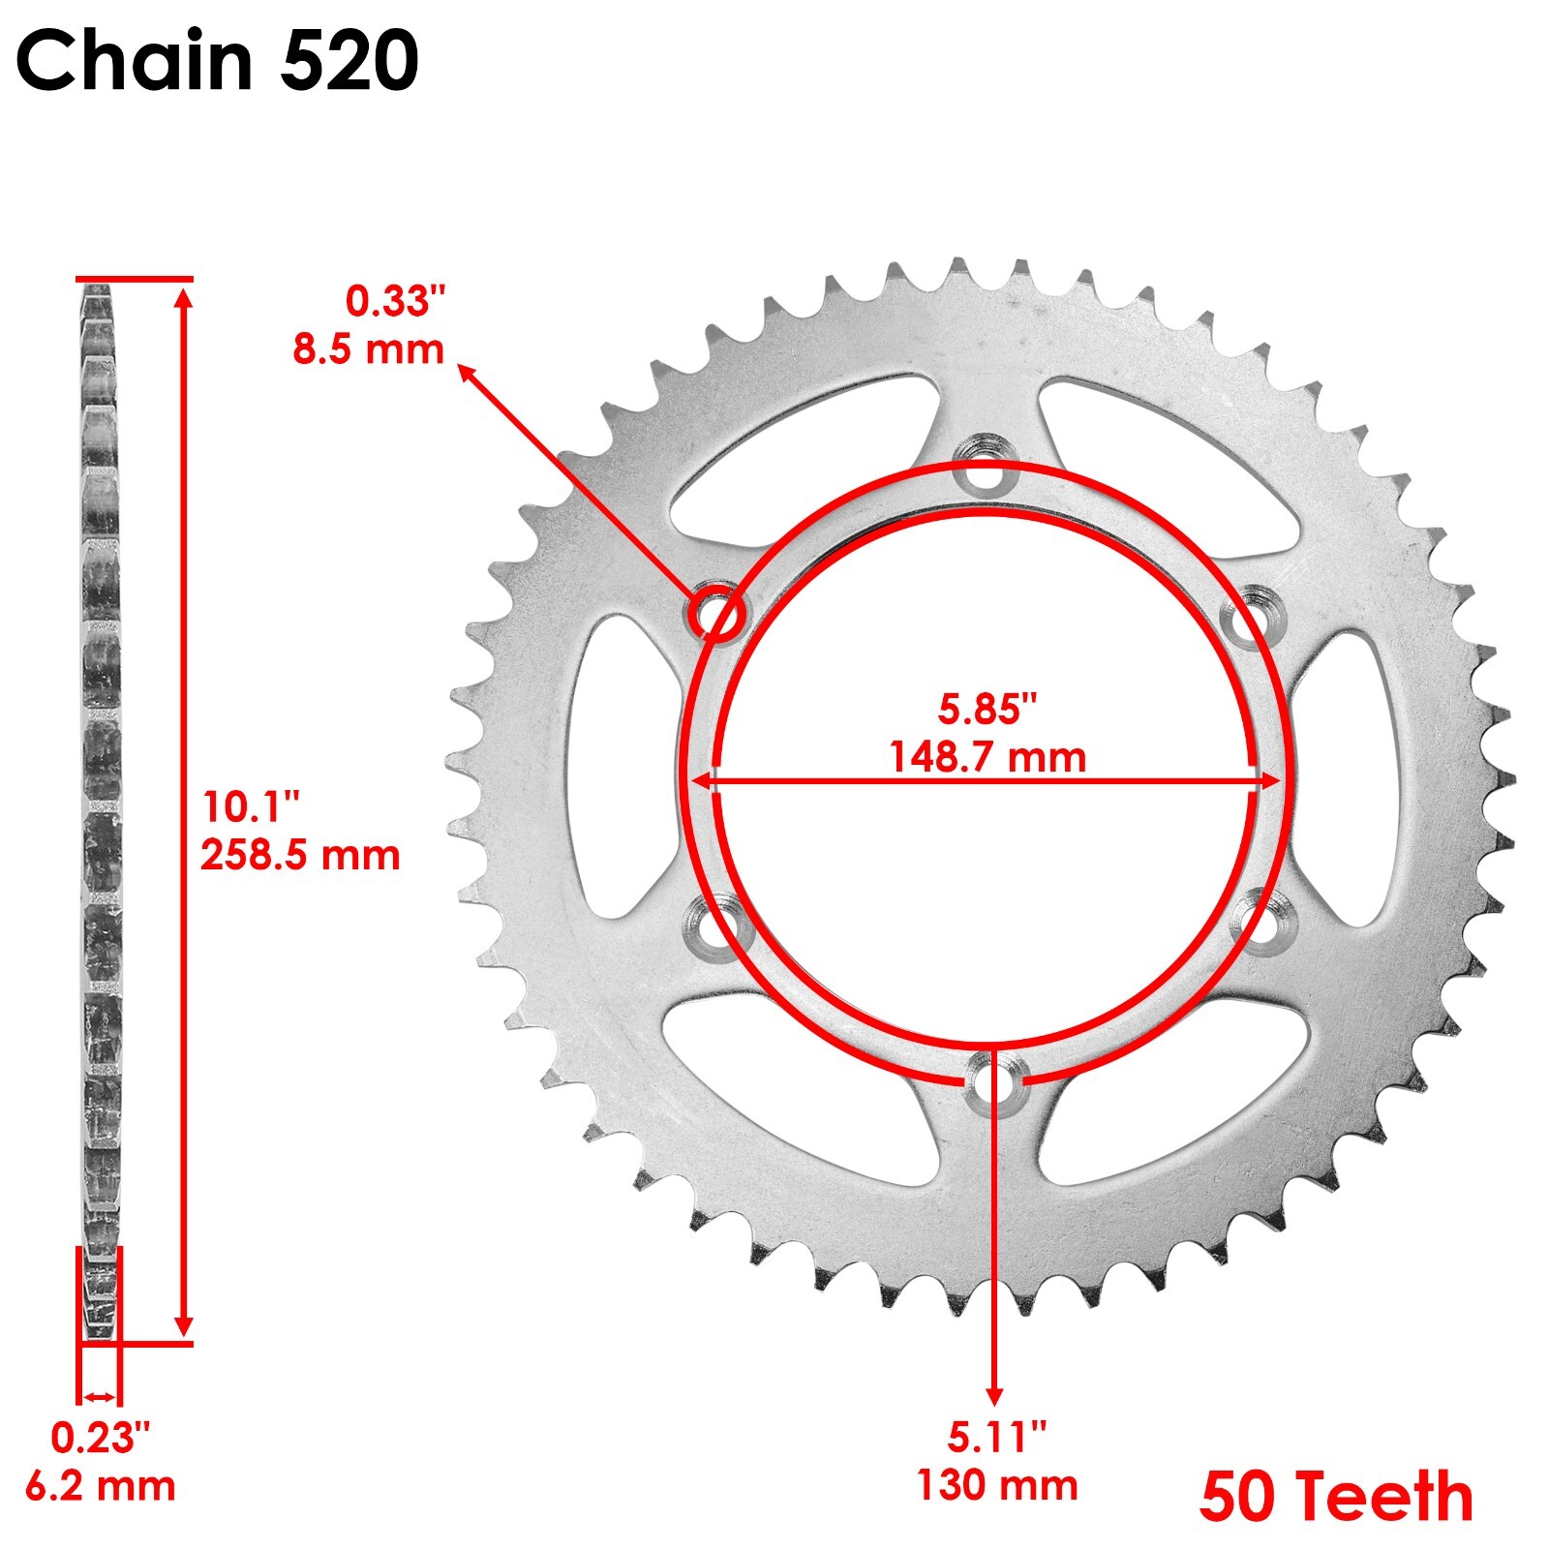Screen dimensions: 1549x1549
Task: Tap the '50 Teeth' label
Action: tap(1336, 1497)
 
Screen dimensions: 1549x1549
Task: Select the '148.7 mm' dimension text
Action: tap(987, 757)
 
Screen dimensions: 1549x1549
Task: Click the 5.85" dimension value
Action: tap(987, 710)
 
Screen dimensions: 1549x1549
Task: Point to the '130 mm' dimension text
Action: tap(997, 1485)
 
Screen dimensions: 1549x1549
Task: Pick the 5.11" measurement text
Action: tap(997, 1438)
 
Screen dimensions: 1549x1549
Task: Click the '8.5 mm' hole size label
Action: tap(369, 349)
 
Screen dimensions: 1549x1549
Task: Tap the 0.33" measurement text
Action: tap(397, 302)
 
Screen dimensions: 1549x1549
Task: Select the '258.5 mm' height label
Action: tap(300, 856)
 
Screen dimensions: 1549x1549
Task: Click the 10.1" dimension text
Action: tap(252, 806)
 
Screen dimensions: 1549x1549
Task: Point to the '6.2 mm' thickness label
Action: tap(101, 1486)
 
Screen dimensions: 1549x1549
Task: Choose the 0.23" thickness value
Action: tap(101, 1439)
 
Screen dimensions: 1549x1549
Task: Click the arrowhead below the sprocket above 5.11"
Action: tap(994, 1392)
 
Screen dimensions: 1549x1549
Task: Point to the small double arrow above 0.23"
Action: tap(99, 1396)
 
